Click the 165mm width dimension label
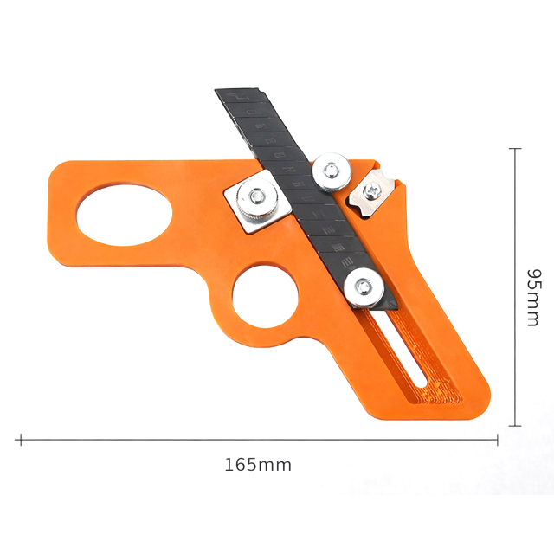[258, 465]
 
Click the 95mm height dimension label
[533, 298]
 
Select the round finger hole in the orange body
[265, 297]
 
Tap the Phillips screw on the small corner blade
[371, 191]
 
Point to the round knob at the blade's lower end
[364, 287]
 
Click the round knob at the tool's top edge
[332, 173]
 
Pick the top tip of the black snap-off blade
[216, 90]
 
